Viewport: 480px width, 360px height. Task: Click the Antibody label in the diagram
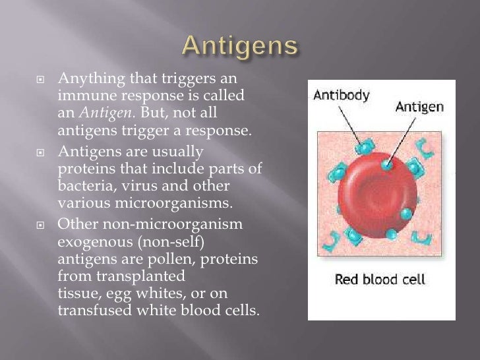pos(342,96)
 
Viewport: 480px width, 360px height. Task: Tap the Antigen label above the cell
pos(419,107)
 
